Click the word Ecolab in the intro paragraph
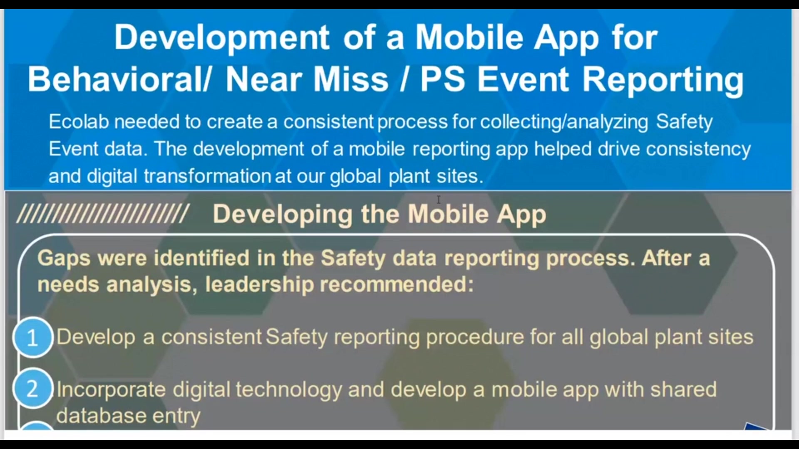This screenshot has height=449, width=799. point(79,122)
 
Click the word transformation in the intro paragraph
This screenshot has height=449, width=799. point(208,176)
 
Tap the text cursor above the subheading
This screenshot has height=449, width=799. point(438,200)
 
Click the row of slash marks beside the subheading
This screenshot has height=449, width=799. point(103,214)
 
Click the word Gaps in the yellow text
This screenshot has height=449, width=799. point(64,259)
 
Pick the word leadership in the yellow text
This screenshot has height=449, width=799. point(259,285)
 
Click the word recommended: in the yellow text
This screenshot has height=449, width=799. point(397,285)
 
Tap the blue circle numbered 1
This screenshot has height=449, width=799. point(33,337)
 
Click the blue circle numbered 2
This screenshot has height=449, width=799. point(33,389)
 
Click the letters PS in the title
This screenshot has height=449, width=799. point(442,79)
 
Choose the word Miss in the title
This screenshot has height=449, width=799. point(351,79)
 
